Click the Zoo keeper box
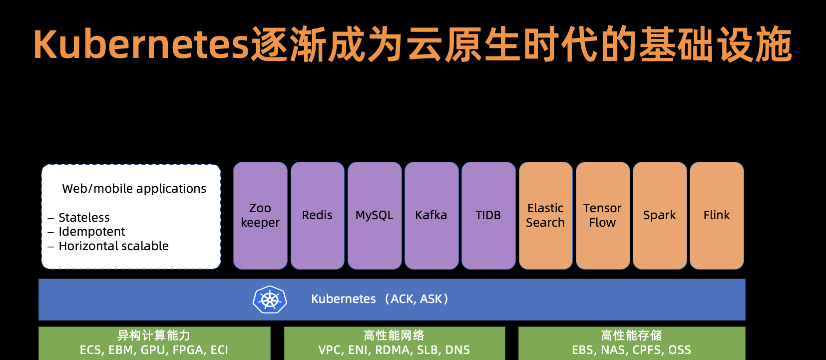click(x=260, y=216)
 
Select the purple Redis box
click(x=318, y=216)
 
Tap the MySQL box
click(x=375, y=216)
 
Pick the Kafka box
click(x=431, y=216)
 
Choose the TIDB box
click(x=488, y=216)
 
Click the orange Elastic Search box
click(x=546, y=216)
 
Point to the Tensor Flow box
click(x=603, y=216)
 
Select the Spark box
click(x=660, y=216)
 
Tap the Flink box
click(x=717, y=216)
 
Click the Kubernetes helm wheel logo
click(x=270, y=300)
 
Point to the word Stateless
click(x=84, y=218)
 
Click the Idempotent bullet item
click(x=92, y=232)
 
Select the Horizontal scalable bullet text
click(x=113, y=246)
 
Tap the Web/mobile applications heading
click(x=134, y=189)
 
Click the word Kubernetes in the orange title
click(x=141, y=44)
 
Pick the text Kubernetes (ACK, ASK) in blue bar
click(x=380, y=299)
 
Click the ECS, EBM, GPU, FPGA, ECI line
click(x=154, y=350)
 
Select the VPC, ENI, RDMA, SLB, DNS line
click(x=394, y=350)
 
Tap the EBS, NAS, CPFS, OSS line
click(x=631, y=350)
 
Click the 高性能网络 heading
click(x=394, y=336)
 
